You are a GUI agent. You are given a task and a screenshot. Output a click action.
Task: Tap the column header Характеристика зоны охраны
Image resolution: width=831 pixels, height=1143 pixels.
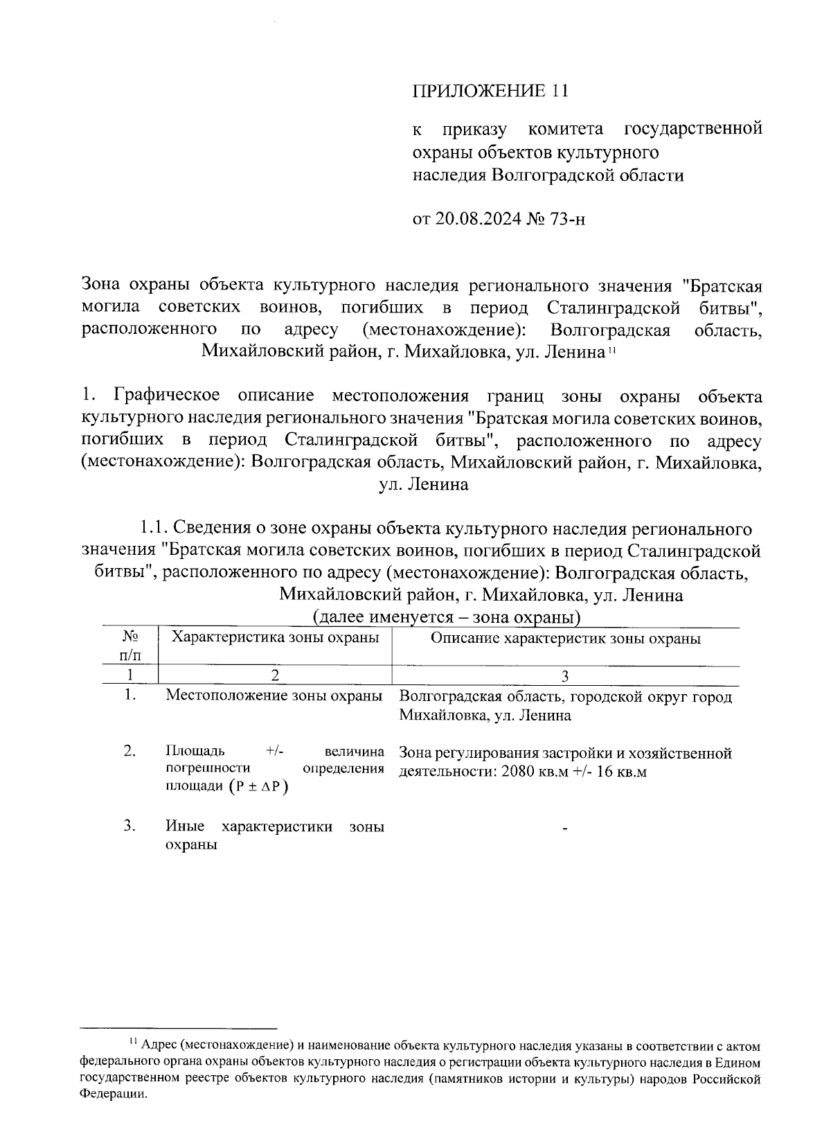(275, 637)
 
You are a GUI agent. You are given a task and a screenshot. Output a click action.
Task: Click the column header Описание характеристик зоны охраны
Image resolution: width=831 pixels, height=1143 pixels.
(565, 638)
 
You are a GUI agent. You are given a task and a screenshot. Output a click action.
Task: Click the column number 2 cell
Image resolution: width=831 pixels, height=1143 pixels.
(275, 675)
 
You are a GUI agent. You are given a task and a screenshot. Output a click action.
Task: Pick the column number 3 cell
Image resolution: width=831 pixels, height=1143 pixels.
(565, 676)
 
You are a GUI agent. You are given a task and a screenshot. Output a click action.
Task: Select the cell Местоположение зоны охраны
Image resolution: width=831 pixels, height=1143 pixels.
(274, 695)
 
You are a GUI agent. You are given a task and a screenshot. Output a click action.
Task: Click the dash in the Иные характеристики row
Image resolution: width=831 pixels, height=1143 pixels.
(566, 829)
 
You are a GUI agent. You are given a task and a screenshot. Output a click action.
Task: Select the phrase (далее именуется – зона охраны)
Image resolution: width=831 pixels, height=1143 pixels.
(447, 617)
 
